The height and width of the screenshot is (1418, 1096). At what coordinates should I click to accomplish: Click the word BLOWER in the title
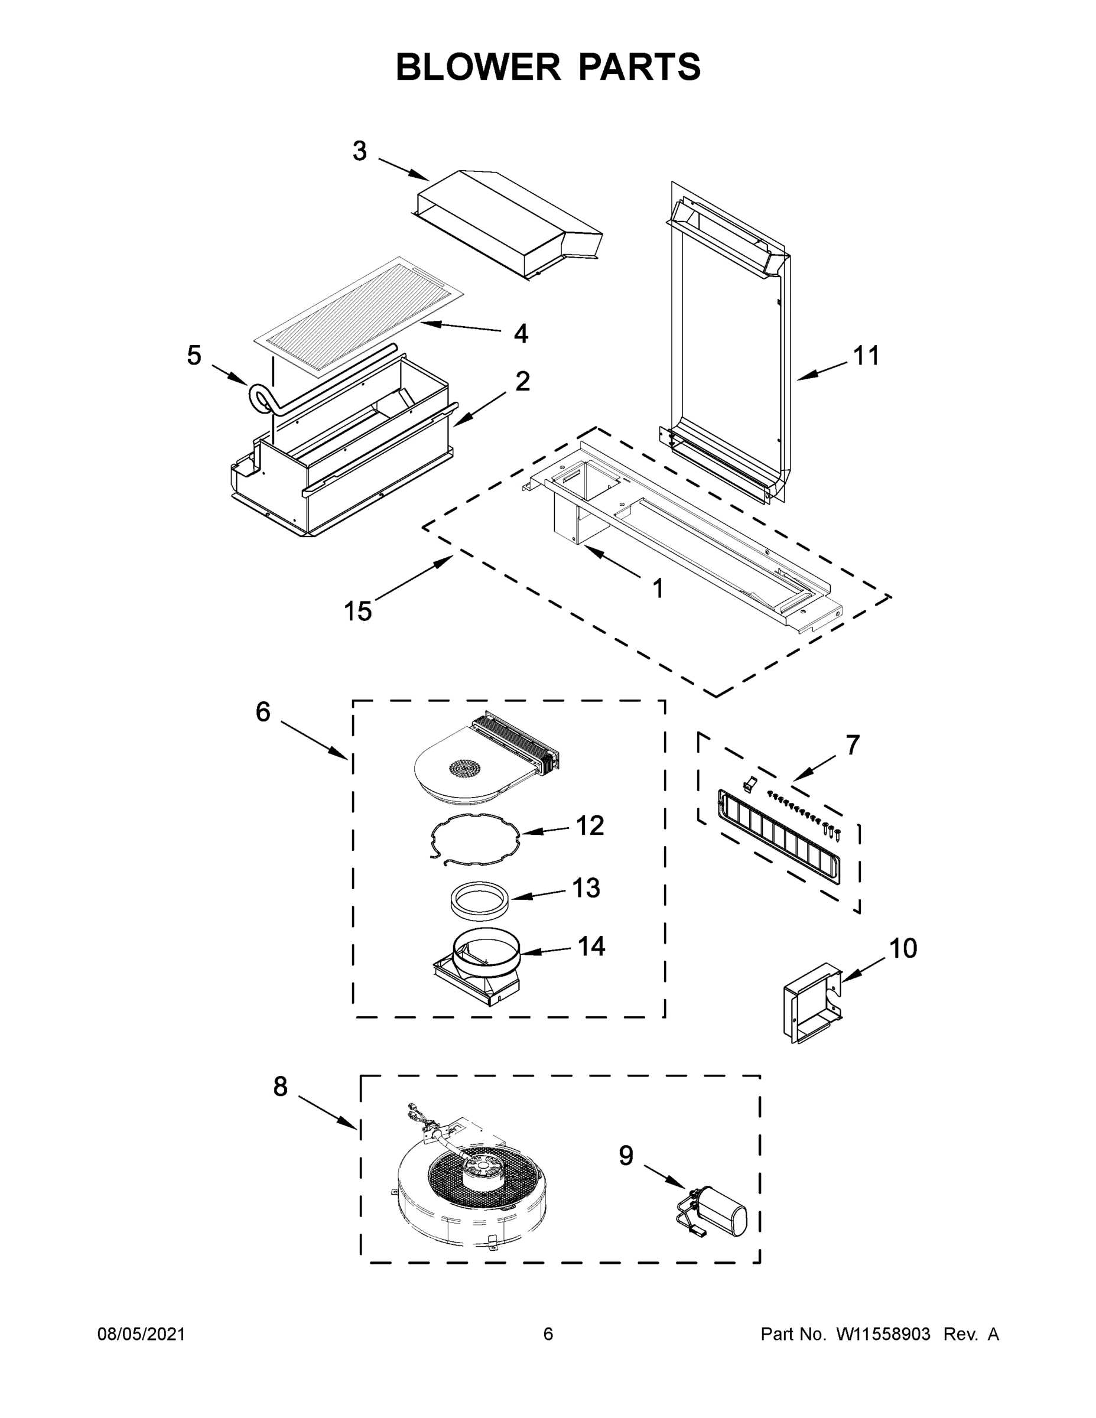pyautogui.click(x=477, y=67)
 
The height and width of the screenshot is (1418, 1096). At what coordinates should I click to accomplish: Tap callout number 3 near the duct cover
pyautogui.click(x=360, y=151)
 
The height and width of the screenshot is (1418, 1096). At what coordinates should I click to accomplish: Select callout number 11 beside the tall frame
pyautogui.click(x=866, y=356)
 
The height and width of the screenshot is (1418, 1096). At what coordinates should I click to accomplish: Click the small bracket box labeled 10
pyautogui.click(x=810, y=1003)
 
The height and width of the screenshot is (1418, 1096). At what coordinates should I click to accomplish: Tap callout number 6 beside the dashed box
pyautogui.click(x=263, y=712)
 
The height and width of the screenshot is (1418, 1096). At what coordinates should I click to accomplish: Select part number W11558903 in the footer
pyautogui.click(x=883, y=1334)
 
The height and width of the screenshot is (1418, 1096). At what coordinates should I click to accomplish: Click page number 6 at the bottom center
pyautogui.click(x=548, y=1334)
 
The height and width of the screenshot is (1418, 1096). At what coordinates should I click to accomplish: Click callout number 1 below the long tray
pyautogui.click(x=658, y=589)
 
